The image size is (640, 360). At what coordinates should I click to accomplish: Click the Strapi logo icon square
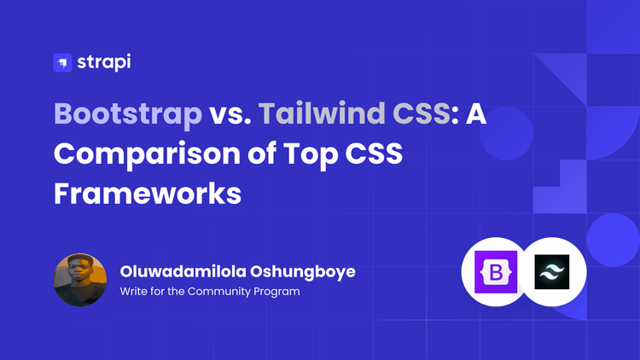62,62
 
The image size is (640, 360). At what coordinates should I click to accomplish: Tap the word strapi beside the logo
103,62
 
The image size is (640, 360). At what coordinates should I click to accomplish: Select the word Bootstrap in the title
128,114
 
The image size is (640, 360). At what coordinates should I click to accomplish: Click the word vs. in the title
230,113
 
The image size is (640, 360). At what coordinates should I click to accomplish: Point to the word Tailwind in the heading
322,113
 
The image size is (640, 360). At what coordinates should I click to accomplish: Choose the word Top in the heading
311,155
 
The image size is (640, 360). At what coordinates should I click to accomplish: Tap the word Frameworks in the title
148,193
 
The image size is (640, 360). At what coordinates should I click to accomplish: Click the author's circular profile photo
80,280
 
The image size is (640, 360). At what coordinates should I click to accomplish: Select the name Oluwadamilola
183,271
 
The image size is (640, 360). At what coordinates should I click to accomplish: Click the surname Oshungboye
302,272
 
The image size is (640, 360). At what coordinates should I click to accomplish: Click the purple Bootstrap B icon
496,272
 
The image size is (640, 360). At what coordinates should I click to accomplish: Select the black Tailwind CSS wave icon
552,272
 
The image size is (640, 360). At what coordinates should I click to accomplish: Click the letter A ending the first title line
476,113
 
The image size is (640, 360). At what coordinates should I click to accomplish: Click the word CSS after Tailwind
422,113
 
